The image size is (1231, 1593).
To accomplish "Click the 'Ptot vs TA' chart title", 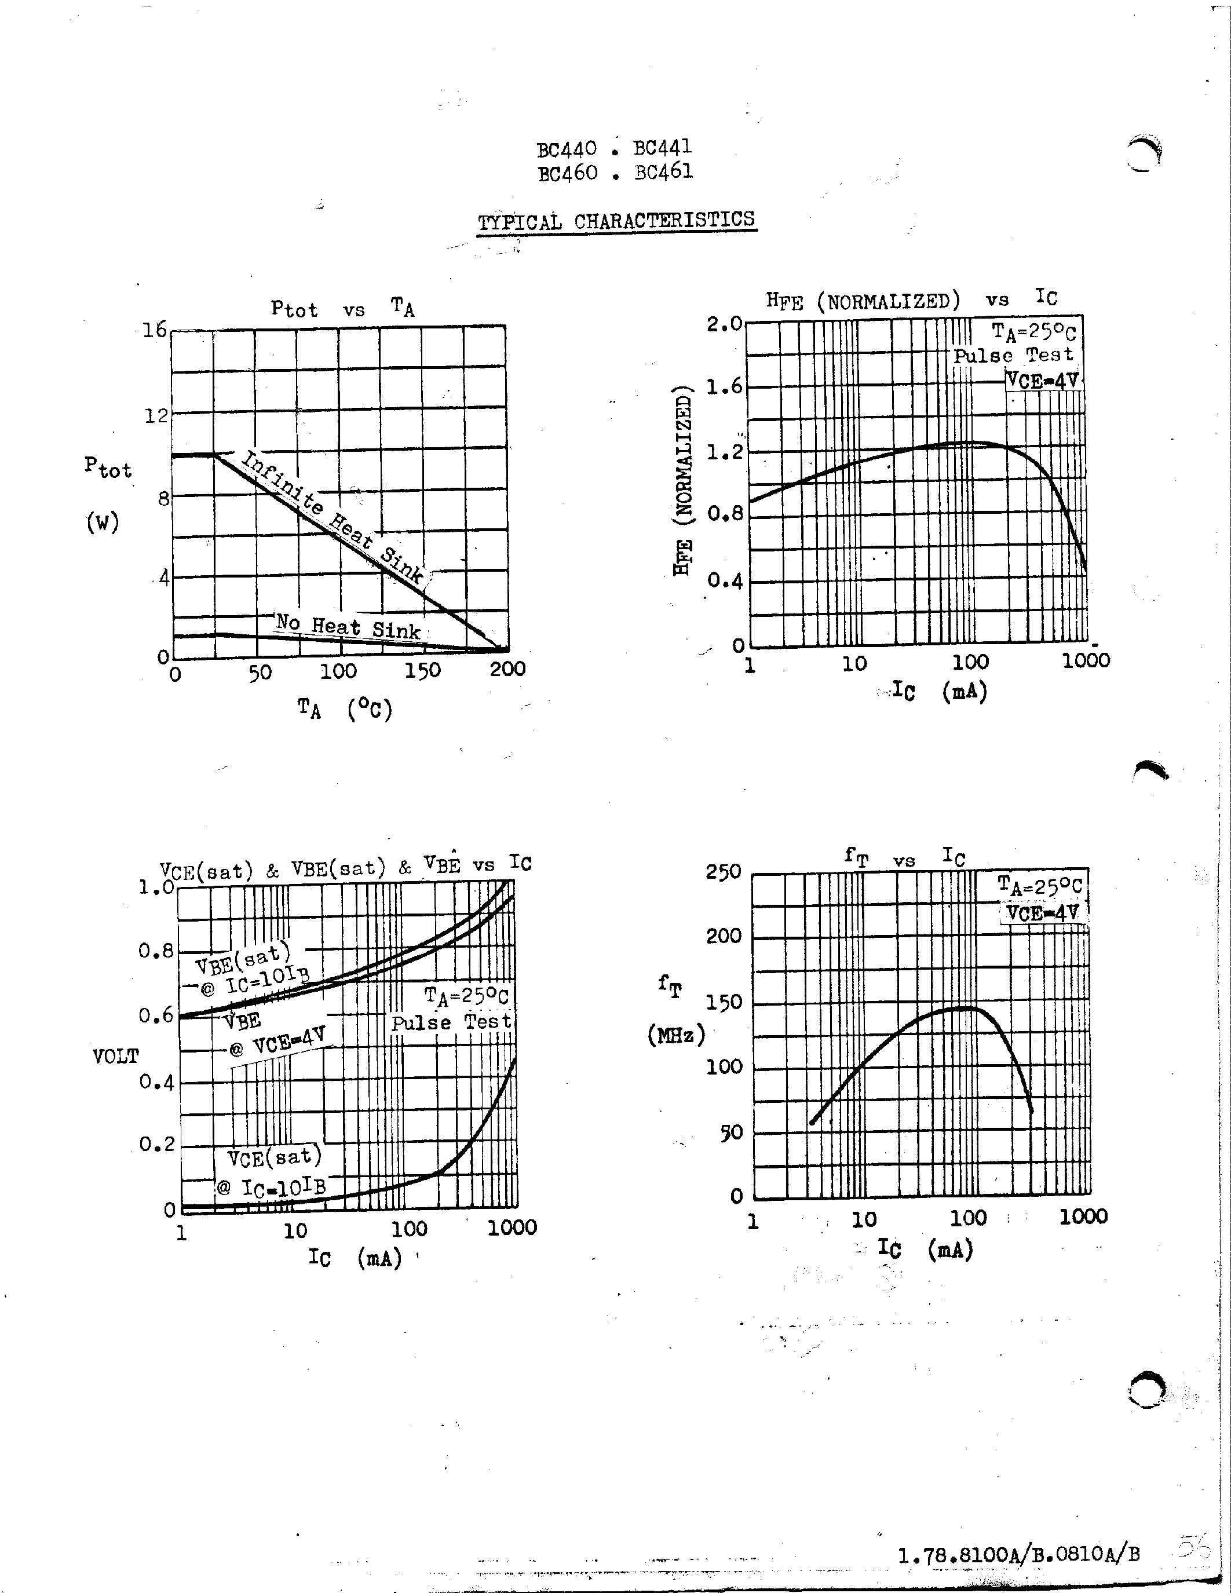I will tap(342, 309).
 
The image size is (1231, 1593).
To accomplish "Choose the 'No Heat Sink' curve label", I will tap(348, 627).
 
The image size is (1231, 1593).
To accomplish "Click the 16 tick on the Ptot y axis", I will tap(155, 330).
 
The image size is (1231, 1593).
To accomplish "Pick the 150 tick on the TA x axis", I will tap(422, 670).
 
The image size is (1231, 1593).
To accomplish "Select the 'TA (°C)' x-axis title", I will tap(344, 708).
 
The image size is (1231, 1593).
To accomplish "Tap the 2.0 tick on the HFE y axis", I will tap(724, 323).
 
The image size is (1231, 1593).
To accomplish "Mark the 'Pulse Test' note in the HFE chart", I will tap(1014, 356).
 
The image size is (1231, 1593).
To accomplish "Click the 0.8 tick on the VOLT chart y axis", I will tap(156, 951).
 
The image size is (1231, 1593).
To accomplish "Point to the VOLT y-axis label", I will tap(115, 1056).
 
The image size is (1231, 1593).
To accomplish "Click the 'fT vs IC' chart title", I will tap(904, 857).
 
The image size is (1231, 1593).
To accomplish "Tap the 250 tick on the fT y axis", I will tap(723, 872).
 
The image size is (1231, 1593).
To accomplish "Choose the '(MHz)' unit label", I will tap(676, 1034).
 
